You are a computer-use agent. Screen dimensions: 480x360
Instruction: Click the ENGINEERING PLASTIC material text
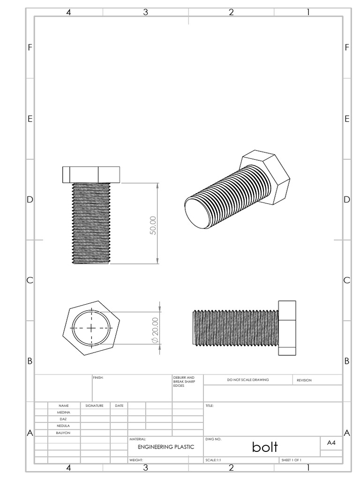click(165, 447)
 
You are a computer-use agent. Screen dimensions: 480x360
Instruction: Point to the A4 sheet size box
click(331, 442)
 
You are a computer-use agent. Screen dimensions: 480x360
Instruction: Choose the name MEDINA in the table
click(64, 412)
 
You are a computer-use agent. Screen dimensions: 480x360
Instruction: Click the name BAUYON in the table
click(64, 433)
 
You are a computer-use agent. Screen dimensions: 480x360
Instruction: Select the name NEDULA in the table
click(64, 426)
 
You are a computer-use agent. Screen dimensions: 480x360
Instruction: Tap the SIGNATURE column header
click(94, 405)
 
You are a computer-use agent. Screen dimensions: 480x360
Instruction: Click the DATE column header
click(119, 405)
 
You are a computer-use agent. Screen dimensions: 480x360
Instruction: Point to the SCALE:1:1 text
click(213, 460)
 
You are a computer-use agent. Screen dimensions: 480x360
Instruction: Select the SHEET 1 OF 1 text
click(291, 460)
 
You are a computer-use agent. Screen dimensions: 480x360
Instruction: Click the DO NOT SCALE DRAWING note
click(248, 380)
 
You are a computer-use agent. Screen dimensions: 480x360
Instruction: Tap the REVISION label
click(304, 380)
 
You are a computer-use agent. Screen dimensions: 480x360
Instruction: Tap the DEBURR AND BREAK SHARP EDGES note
click(181, 381)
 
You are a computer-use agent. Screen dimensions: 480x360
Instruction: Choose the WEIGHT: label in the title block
click(136, 460)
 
